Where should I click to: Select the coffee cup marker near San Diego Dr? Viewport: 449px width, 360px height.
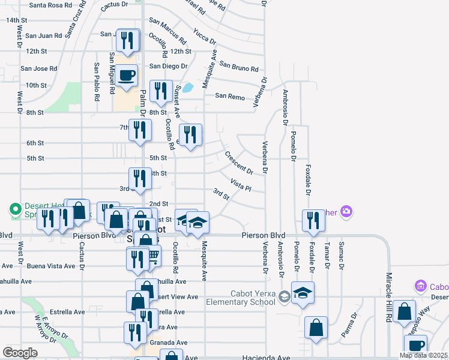point(126,76)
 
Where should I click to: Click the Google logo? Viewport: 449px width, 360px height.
point(20,353)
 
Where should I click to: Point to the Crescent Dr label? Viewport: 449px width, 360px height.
point(239,163)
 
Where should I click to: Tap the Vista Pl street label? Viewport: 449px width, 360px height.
point(240,184)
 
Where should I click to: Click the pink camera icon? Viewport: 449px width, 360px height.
point(346,211)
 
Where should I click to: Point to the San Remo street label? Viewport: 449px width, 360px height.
point(230,96)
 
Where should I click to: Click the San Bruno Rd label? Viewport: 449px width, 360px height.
point(238,66)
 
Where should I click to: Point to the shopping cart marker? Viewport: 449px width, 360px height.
point(152,256)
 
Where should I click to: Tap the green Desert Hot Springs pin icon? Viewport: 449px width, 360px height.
point(15,209)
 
